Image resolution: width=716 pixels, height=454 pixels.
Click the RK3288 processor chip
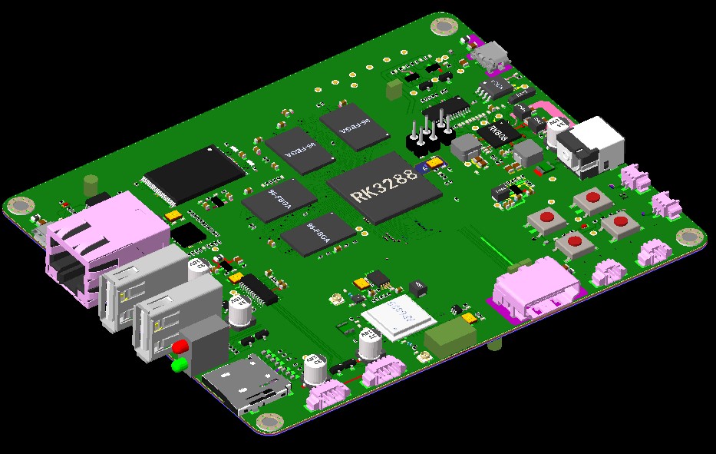pos(384,187)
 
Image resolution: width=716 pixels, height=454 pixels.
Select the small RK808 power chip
pos(500,134)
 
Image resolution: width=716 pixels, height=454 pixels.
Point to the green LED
pos(179,364)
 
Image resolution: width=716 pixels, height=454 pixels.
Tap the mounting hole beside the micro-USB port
pos(444,27)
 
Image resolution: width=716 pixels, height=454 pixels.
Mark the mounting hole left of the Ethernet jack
pos(21,206)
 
